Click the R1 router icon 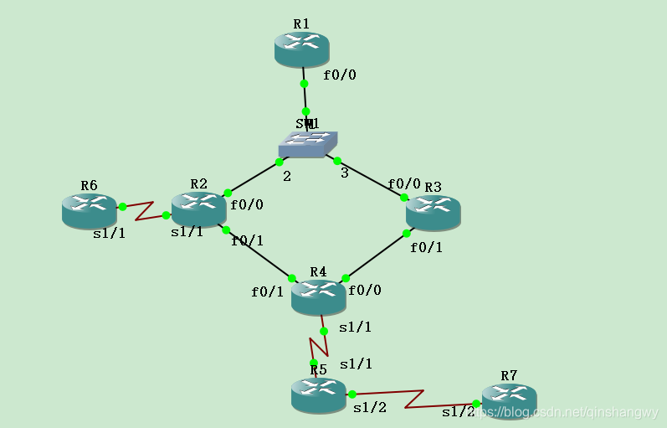point(301,49)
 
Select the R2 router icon point(198,209)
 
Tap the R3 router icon point(433,213)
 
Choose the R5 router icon point(318,394)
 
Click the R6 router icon point(89,210)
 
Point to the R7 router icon point(509,401)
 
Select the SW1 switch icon point(307,144)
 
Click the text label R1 point(301,23)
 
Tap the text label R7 point(509,375)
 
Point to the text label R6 point(89,185)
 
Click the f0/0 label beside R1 point(340,75)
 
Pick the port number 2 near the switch point(286,177)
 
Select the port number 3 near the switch point(344,173)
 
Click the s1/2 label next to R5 point(370,408)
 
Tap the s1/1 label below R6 point(109,233)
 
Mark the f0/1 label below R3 point(426,247)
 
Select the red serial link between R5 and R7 point(414,398)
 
